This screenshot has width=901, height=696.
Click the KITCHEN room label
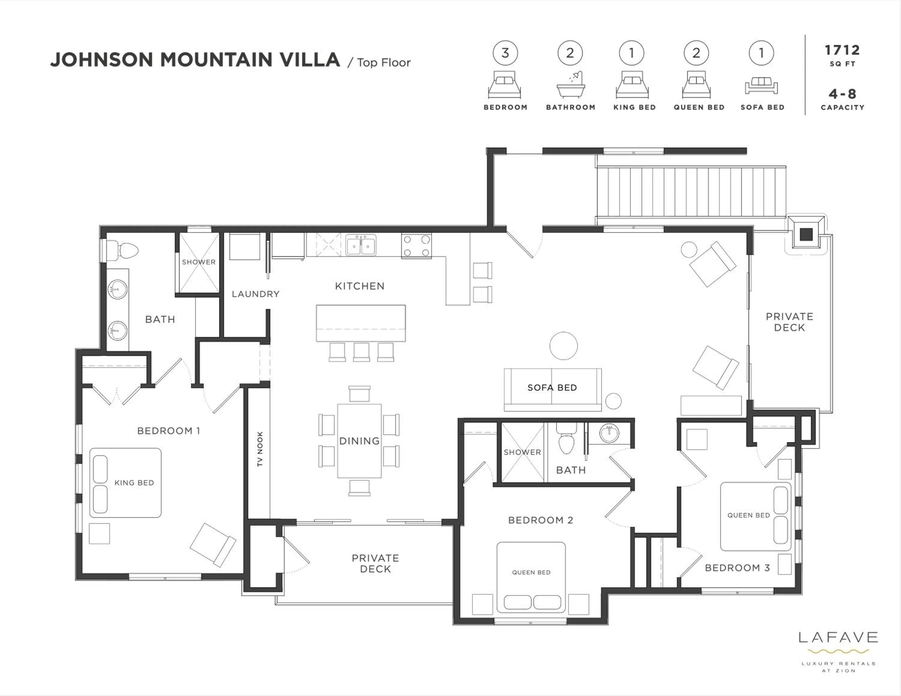(x=359, y=286)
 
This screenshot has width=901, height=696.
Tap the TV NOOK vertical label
(x=260, y=449)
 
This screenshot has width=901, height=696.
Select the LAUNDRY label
(x=255, y=294)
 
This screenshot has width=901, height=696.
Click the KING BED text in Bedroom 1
(x=134, y=482)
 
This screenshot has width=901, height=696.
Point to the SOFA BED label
(x=552, y=387)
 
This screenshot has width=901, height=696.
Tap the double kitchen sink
(x=361, y=246)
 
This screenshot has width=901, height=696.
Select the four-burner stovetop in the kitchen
(x=416, y=246)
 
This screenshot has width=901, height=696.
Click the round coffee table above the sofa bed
(x=563, y=346)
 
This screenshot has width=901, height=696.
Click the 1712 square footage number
(x=842, y=50)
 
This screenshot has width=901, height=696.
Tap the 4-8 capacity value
(x=842, y=94)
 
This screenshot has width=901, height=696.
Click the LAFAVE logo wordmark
(x=838, y=638)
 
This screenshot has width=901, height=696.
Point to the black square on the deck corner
(x=806, y=235)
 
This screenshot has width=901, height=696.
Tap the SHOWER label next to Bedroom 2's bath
(x=522, y=452)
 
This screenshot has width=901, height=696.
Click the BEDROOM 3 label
(x=737, y=568)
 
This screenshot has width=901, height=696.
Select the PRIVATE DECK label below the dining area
(x=375, y=563)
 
